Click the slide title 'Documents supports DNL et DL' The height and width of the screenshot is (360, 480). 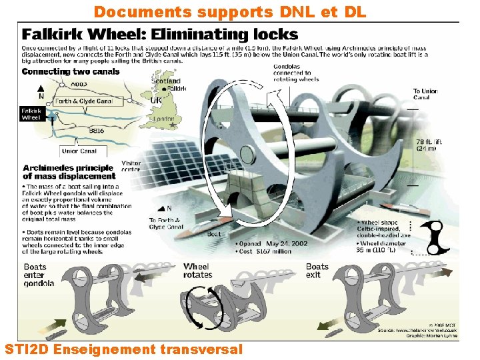pos(230,11)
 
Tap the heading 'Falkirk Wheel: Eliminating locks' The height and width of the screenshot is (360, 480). pos(160,34)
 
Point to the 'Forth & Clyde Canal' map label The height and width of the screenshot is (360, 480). pos(84,102)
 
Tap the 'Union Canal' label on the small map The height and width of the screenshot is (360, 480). pos(79,151)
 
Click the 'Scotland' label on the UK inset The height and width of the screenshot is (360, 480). pos(165,81)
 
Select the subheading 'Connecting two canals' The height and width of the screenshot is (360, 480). pos(71,71)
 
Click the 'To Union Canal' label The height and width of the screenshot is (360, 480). pos(425,95)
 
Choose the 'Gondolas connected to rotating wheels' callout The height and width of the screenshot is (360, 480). pos(297,73)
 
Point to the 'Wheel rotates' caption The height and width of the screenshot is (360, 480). pos(198,271)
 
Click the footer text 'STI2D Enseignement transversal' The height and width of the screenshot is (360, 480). pos(123,349)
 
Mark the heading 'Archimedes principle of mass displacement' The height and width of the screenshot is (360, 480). pos(69,172)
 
